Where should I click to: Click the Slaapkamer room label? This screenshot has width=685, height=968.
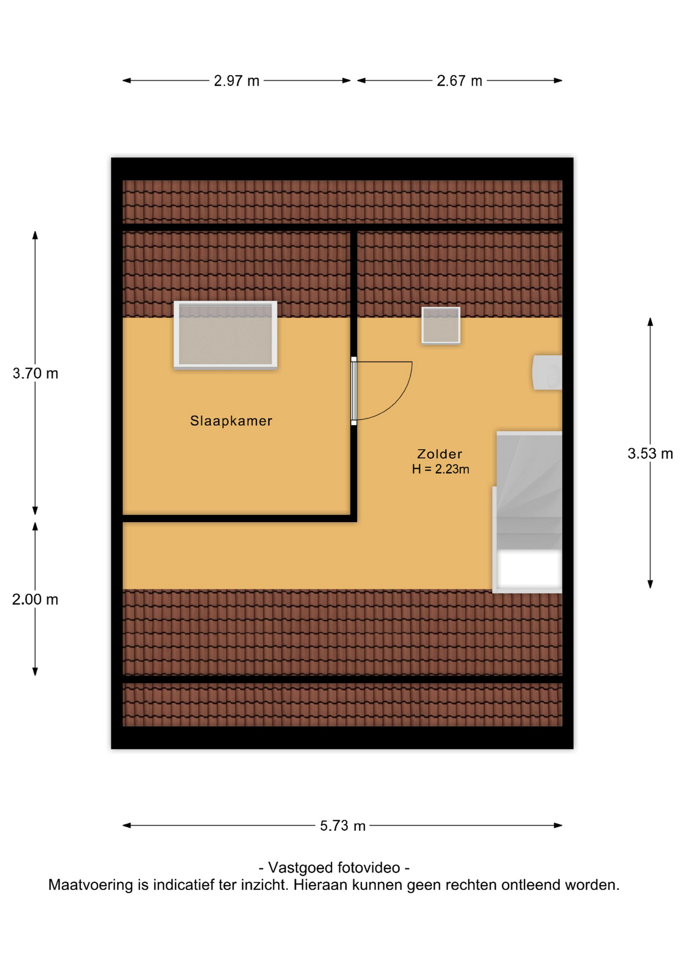click(231, 421)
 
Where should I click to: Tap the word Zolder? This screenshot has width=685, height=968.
click(440, 454)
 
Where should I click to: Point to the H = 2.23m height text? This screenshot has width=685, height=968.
click(440, 469)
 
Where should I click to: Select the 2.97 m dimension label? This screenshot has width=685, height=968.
click(237, 81)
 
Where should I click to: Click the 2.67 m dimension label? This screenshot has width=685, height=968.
click(460, 81)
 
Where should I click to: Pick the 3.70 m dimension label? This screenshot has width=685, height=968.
click(35, 374)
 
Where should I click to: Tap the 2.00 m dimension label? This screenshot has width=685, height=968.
click(35, 599)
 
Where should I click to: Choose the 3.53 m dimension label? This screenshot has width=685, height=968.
click(650, 454)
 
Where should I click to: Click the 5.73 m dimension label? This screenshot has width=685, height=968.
click(342, 826)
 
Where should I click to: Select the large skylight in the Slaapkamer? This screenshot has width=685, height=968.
click(225, 335)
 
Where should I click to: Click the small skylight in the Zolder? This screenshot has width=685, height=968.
click(441, 326)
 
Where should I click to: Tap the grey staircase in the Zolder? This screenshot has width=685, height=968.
click(529, 490)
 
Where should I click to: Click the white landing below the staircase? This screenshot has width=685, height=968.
click(529, 570)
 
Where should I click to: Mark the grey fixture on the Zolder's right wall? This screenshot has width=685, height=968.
click(547, 373)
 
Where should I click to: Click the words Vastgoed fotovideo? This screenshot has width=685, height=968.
click(334, 868)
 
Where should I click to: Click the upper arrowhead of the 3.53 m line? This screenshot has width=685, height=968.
click(650, 322)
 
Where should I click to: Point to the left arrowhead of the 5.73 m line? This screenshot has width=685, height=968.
click(127, 826)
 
